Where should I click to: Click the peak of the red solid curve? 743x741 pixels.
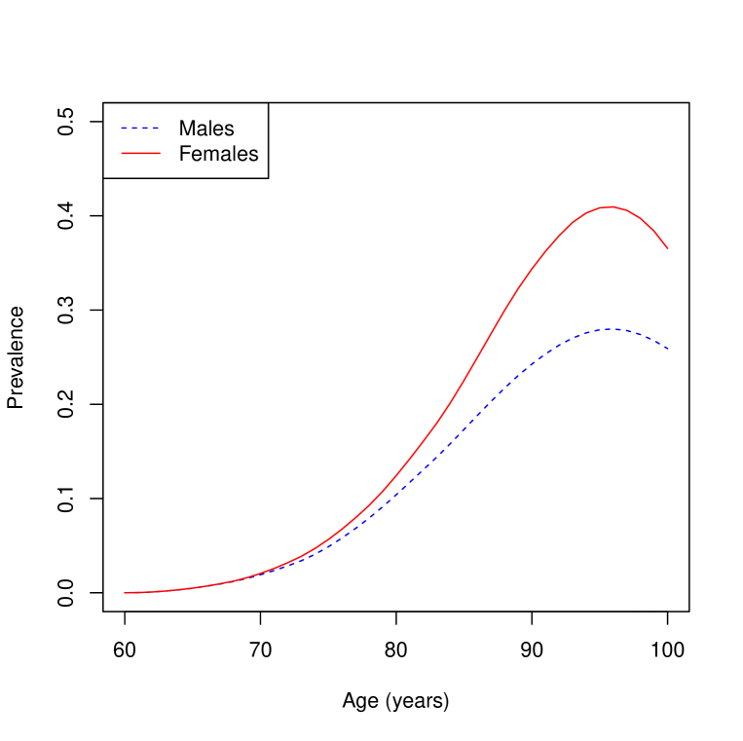coord(610,206)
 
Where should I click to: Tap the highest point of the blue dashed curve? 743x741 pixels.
coord(609,329)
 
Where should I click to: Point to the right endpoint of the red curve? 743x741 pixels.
coord(668,248)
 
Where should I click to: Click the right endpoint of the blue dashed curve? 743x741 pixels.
coord(668,349)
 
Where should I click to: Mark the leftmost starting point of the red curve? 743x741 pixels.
coord(125,592)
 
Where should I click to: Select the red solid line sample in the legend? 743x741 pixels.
coord(140,153)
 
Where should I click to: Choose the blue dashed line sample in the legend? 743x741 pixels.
coord(140,128)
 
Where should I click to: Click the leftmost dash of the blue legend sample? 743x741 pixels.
coord(125,128)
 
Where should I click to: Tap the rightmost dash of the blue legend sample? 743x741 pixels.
coord(155,128)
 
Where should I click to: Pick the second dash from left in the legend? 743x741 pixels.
coord(135,128)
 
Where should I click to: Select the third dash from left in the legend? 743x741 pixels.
coord(145,128)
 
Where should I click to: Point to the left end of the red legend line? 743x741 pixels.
coord(122,153)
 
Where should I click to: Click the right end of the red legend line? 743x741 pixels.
coord(160,153)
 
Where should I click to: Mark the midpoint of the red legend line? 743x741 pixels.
coord(140,153)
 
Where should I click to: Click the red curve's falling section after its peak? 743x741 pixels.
coord(648,224)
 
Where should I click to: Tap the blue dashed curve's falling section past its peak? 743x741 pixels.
coord(648,337)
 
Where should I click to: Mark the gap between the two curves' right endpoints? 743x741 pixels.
coord(668,298)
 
